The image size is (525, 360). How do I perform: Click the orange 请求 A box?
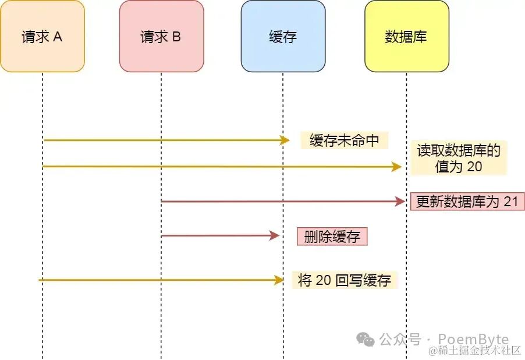click(x=42, y=36)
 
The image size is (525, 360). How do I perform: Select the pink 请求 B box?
click(x=161, y=36)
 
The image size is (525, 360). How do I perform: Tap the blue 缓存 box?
click(x=283, y=36)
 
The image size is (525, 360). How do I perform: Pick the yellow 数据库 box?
click(x=406, y=36)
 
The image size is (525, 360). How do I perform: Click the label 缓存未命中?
click(x=345, y=140)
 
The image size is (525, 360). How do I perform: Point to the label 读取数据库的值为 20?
click(x=459, y=158)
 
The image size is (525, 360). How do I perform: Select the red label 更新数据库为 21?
click(x=467, y=202)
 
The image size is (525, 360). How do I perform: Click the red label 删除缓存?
click(x=332, y=236)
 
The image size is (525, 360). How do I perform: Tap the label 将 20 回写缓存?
click(x=344, y=280)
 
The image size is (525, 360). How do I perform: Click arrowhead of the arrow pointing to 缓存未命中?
click(x=285, y=140)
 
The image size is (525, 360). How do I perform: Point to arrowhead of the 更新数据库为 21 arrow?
click(x=400, y=202)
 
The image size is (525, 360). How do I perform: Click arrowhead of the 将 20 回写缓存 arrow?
click(x=279, y=280)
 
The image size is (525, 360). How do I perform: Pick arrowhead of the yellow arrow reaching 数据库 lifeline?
click(x=398, y=167)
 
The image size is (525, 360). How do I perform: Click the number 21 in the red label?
click(x=510, y=202)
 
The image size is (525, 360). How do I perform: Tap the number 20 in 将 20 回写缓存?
click(x=324, y=280)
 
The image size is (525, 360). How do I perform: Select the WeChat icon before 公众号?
click(x=366, y=339)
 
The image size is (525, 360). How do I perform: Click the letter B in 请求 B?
click(x=176, y=37)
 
